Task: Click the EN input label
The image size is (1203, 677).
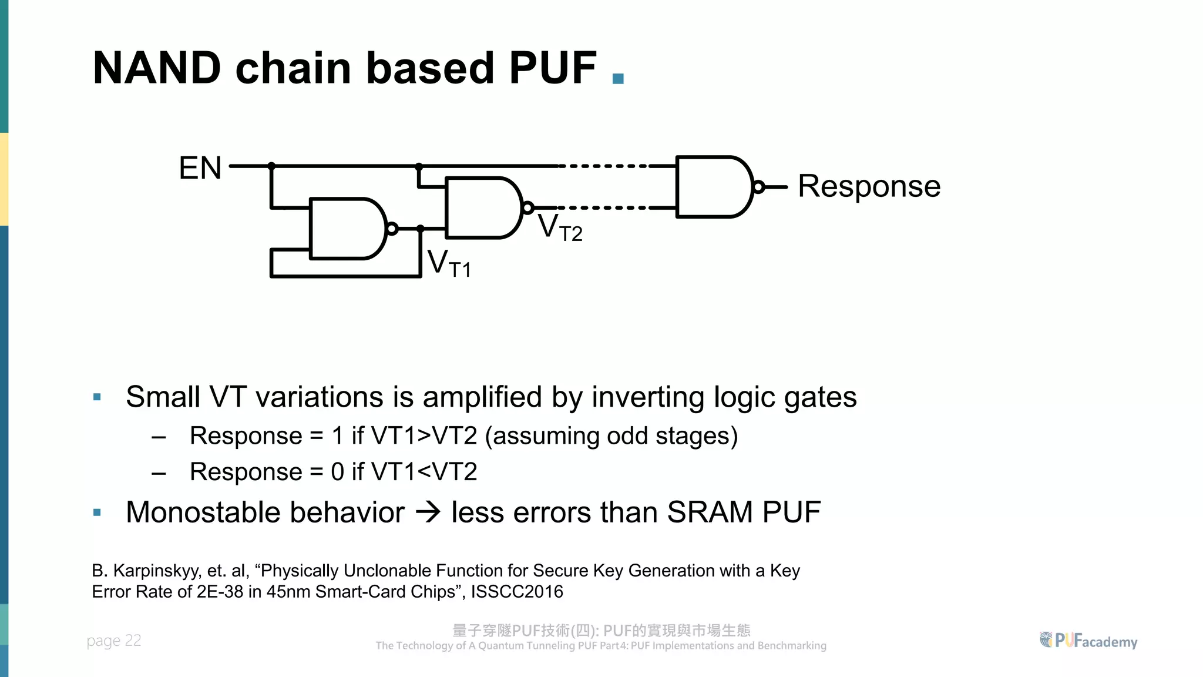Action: point(200,168)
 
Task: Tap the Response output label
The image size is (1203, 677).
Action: point(869,186)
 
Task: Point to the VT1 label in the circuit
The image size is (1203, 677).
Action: point(449,263)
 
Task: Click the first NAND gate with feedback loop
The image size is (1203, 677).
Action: point(347,229)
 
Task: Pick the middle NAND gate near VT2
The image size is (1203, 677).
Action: point(482,208)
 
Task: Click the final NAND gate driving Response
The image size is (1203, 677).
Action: point(713,187)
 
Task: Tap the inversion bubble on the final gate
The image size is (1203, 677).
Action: point(758,187)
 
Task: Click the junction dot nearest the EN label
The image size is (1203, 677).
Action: point(271,166)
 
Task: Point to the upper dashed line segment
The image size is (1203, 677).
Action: point(603,166)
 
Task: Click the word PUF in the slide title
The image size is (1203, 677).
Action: point(553,68)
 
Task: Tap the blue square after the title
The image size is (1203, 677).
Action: point(618,78)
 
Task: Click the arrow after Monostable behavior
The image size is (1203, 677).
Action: point(428,512)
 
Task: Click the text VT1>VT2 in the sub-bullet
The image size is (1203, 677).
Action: point(424,436)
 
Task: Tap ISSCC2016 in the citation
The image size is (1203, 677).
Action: point(517,591)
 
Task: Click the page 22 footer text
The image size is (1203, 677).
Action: point(114,640)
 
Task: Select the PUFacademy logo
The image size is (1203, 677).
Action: point(1088,641)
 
